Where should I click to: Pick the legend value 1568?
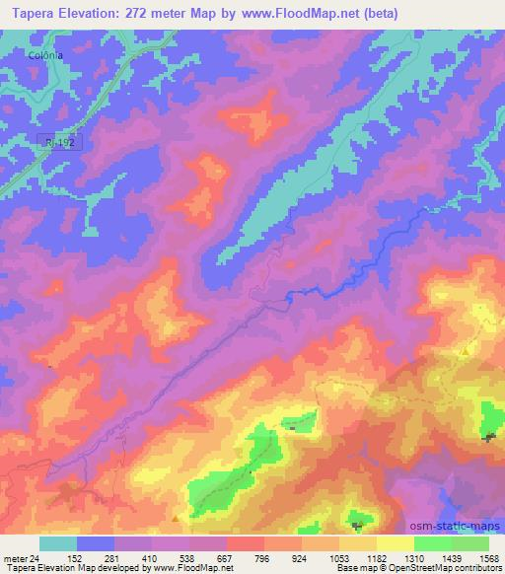point(487,558)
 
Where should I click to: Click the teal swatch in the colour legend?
point(59,543)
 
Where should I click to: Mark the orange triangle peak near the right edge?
point(465,351)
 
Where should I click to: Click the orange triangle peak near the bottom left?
point(175,517)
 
